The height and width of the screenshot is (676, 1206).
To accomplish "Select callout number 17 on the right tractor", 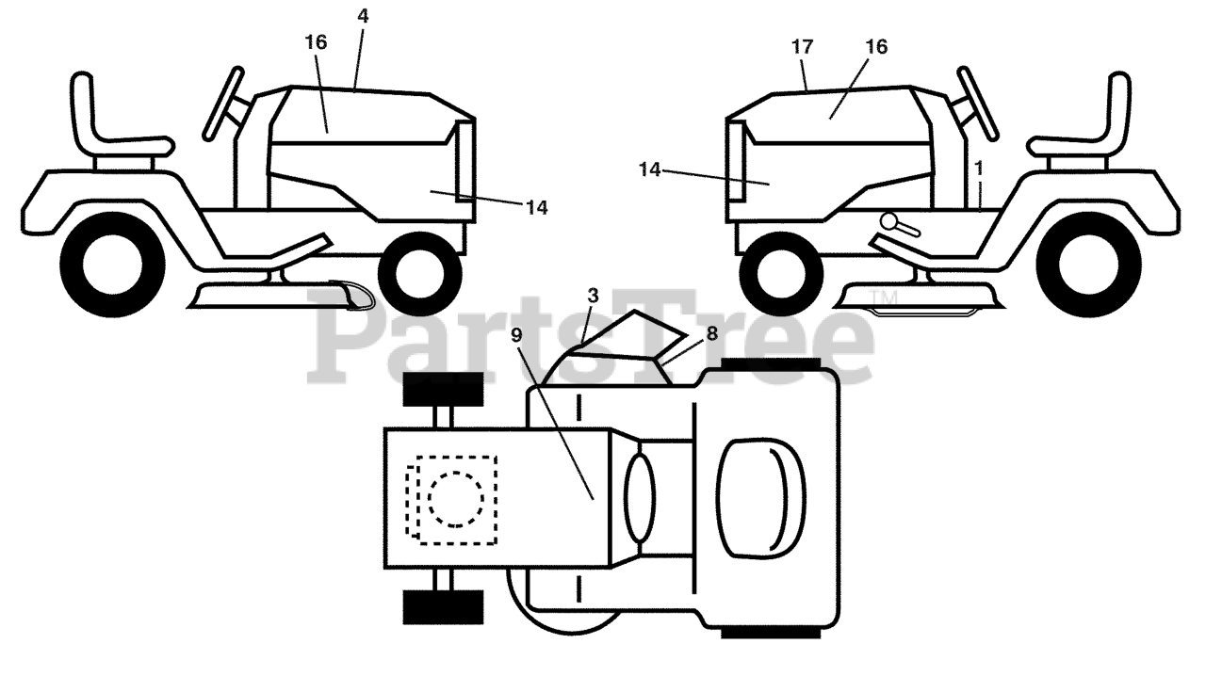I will (x=803, y=45).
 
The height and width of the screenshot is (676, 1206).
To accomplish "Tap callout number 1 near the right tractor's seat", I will (x=979, y=168).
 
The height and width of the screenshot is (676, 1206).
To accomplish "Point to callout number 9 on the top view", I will (x=515, y=333).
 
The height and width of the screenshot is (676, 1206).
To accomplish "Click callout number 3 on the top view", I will (x=593, y=296).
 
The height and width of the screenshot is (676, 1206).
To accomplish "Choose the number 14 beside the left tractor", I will (x=536, y=208).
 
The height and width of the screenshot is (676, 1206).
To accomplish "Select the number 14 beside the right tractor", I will (x=649, y=169).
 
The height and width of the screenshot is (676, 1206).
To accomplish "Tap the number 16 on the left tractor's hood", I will (x=316, y=42).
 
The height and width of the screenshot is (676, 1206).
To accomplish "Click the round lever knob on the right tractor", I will (x=888, y=221).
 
